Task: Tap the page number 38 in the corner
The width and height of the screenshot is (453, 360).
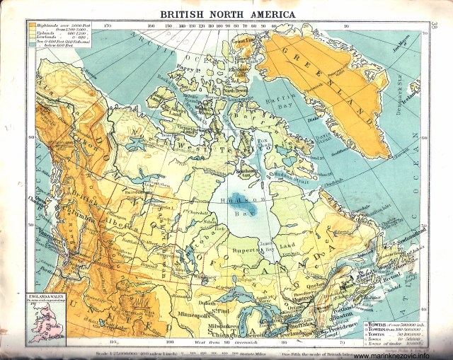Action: point(433,27)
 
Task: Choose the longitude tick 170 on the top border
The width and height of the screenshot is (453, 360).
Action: point(108,27)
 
